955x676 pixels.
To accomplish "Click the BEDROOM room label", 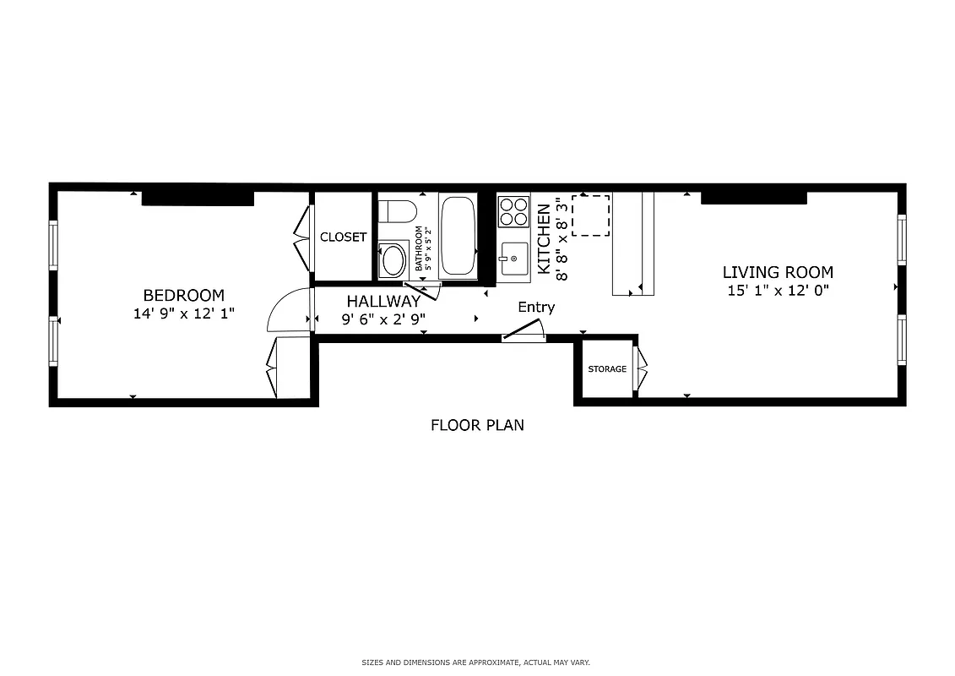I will point(183,295).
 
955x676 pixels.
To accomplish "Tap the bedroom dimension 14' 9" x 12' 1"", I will point(183,313).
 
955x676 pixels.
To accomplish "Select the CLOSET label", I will point(343,237).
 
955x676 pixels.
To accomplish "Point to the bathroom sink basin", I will point(393,259).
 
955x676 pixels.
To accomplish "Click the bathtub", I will point(458,236).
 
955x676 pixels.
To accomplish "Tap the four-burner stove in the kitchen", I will point(513,211).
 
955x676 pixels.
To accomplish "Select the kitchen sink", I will point(513,257).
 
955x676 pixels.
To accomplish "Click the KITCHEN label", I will point(545,245).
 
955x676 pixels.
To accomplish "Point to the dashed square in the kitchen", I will point(591,215).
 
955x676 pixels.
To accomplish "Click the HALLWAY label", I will point(383,301).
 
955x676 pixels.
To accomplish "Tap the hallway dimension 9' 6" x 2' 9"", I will point(383,319).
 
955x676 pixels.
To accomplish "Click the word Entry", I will point(536,308).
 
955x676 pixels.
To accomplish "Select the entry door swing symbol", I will point(524,333).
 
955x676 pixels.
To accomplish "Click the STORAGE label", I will point(607,369).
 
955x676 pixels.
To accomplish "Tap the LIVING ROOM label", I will point(778,272).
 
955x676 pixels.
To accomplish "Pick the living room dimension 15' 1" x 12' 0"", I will point(778,292).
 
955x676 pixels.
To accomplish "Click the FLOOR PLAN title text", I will point(477,425).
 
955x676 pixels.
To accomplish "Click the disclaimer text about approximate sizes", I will point(477,662).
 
